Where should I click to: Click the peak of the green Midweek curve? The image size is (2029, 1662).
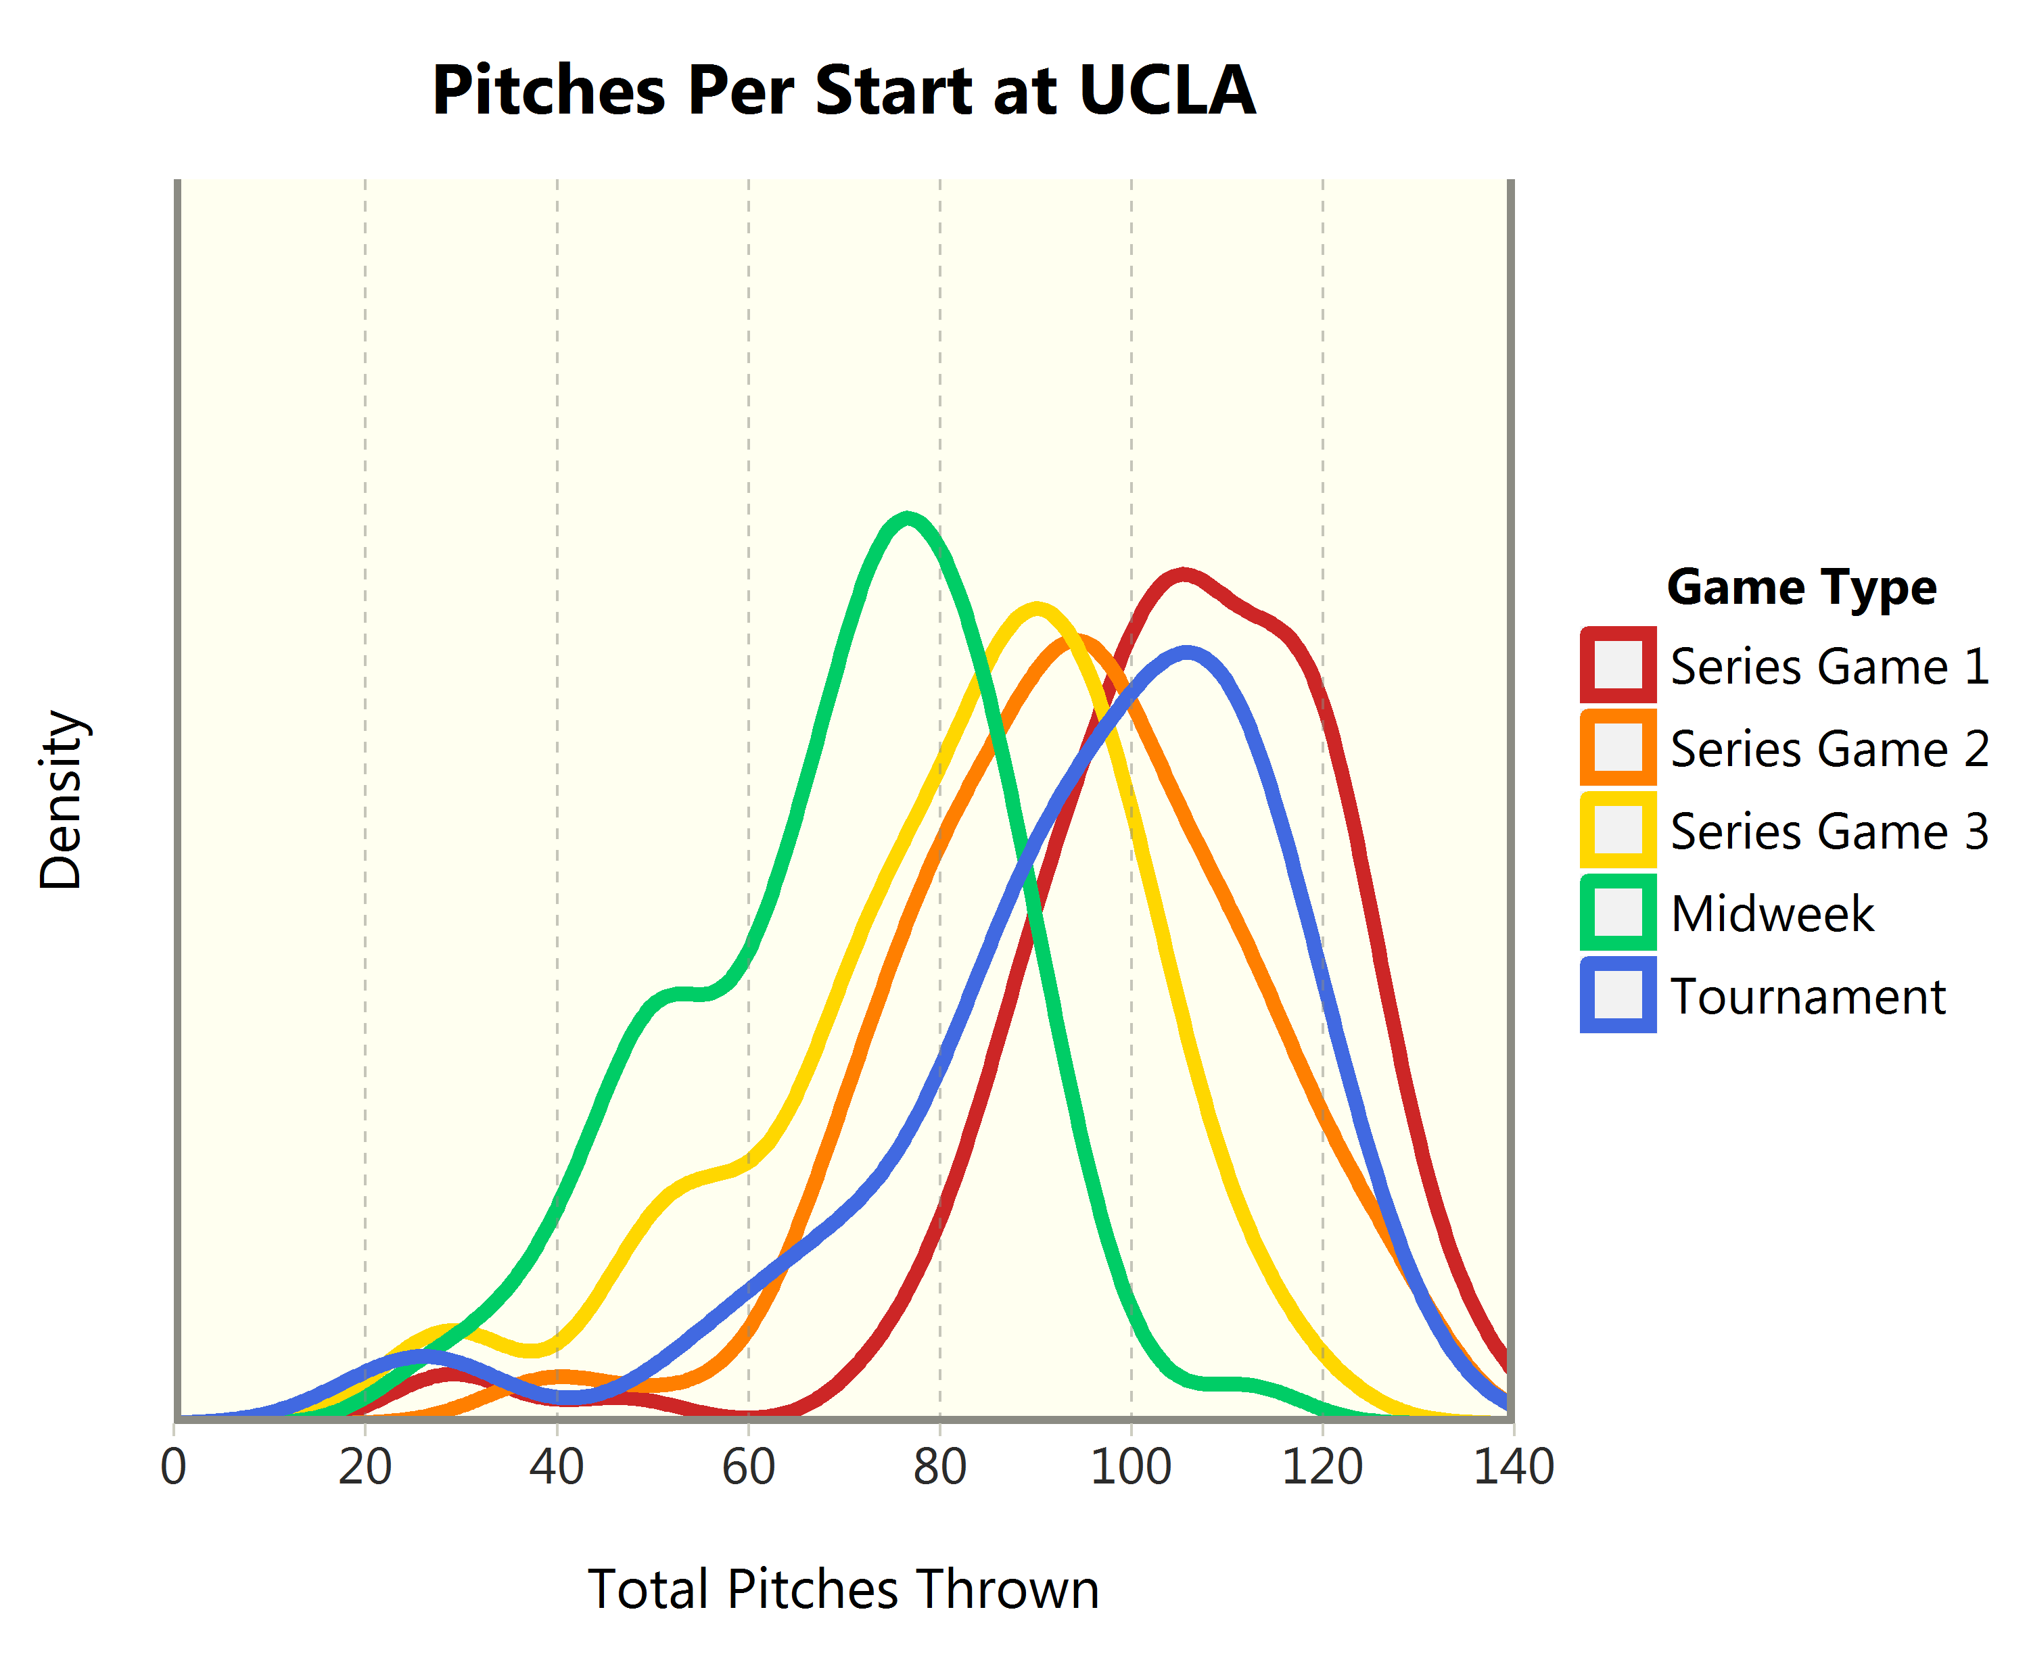coord(907,519)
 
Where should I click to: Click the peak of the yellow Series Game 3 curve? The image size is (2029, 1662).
coord(1036,608)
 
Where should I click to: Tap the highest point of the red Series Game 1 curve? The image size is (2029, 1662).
coord(1184,575)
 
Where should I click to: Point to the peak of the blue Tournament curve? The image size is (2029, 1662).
coord(1188,654)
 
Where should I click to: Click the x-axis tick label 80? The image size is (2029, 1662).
coord(939,1468)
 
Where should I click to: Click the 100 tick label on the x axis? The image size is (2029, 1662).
coord(1131,1468)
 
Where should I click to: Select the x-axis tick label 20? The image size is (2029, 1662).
coord(365,1468)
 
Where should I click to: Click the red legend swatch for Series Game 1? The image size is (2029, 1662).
coord(1617,665)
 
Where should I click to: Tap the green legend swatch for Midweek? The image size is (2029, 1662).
coord(1617,912)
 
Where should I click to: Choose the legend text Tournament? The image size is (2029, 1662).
coord(1807,997)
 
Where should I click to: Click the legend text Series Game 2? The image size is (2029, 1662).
coord(1829,749)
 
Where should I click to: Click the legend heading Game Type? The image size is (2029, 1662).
coord(1801,587)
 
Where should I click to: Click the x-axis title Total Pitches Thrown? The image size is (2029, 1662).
coord(843,1590)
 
